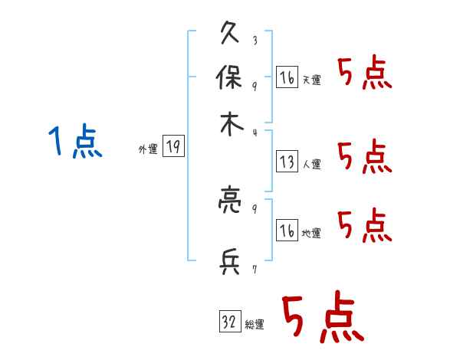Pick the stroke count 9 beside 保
(x=254, y=85)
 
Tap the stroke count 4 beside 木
(x=254, y=133)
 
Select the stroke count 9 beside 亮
(x=254, y=208)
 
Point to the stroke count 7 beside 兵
(x=254, y=270)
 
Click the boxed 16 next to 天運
(x=287, y=77)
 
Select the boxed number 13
(x=287, y=162)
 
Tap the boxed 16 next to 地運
(x=287, y=231)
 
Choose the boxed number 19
(x=174, y=147)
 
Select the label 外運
(x=148, y=150)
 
